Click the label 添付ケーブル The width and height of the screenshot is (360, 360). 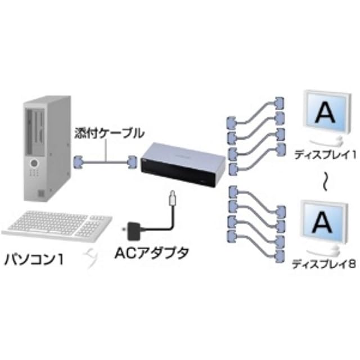coord(109,133)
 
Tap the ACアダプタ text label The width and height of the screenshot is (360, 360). coord(151,253)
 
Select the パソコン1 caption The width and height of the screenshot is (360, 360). coord(34,260)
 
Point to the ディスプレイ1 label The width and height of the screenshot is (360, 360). coord(325,155)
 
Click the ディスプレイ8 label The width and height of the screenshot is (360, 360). coord(324,264)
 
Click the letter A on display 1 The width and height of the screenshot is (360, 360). coord(326,113)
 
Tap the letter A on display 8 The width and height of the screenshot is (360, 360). coord(322,222)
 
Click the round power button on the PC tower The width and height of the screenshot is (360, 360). coord(34,164)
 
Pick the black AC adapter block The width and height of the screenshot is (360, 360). coord(133,231)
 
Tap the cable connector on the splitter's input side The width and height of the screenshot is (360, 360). coord(132,162)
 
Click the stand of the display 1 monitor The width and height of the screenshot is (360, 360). coord(326,141)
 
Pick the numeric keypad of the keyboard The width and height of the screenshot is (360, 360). coord(87,229)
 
